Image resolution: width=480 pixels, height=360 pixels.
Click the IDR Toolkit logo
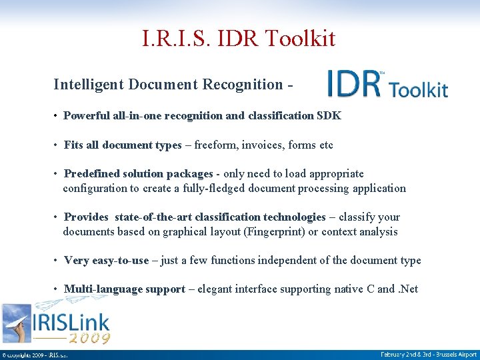387,85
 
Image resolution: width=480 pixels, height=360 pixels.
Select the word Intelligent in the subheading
90,85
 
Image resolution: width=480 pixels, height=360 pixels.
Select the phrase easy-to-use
120,261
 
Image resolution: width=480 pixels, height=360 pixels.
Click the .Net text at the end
408,289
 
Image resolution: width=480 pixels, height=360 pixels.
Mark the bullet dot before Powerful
55,116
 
